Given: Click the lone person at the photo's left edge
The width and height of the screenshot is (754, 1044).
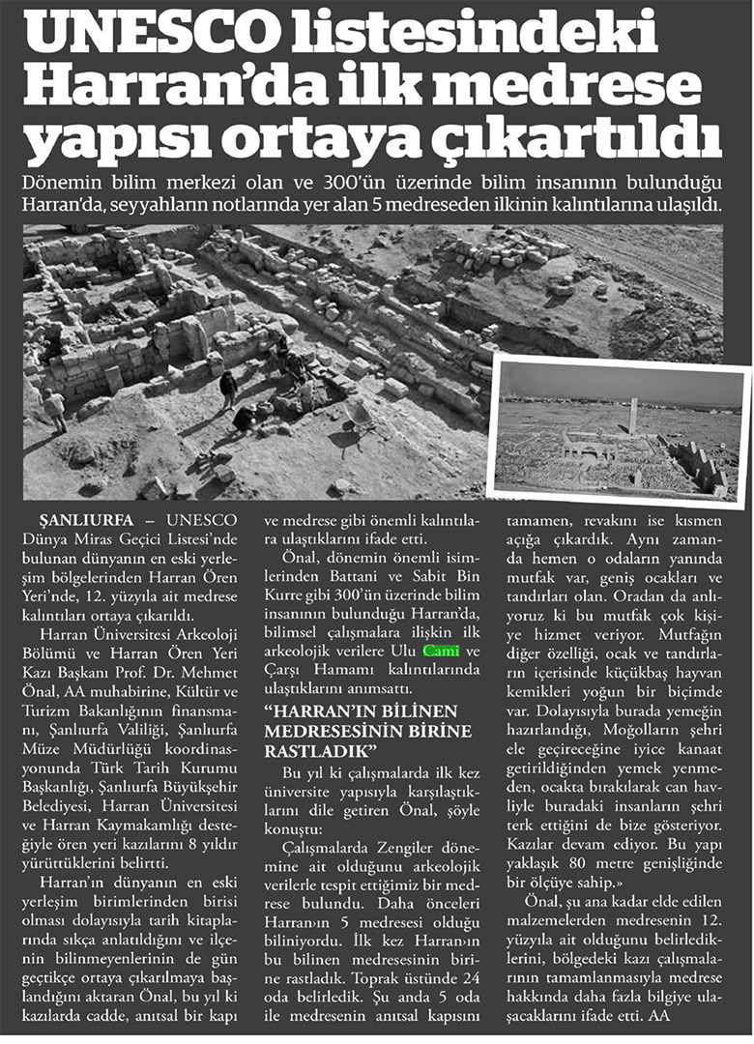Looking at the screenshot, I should point(55,410).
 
